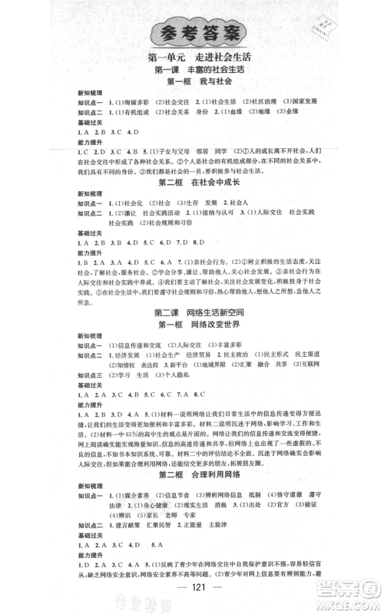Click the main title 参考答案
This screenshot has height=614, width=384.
[x=192, y=33]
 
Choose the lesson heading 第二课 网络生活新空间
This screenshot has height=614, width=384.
[x=192, y=312]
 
